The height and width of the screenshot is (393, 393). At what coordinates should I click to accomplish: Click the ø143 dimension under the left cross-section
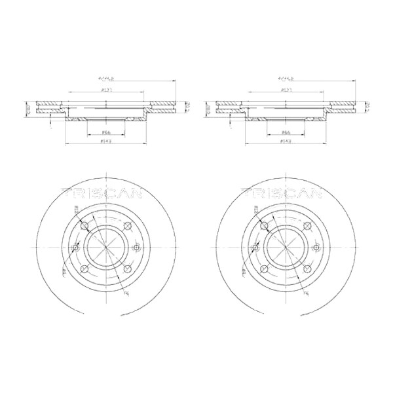[105, 141]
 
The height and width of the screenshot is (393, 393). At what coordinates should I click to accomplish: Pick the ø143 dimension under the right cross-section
[285, 141]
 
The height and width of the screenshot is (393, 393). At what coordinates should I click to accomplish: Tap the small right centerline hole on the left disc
[137, 248]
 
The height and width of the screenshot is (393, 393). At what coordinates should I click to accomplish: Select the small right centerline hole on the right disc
[317, 248]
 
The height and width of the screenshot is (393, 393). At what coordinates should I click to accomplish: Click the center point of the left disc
[105, 248]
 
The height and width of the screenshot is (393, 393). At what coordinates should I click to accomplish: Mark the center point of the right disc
[285, 248]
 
